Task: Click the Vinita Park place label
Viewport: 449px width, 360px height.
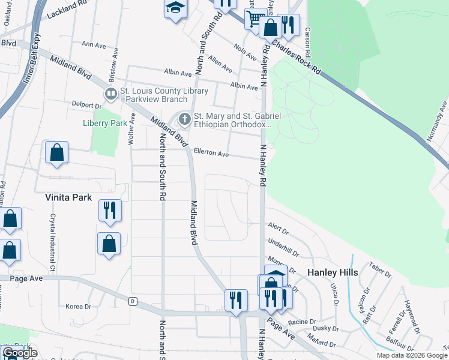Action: [x=67, y=197]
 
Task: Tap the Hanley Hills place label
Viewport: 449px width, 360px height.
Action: [x=333, y=272]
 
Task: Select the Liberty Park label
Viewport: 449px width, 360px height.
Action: [x=105, y=123]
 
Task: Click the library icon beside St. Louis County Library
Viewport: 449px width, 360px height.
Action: [x=110, y=93]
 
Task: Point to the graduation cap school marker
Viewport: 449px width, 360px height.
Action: [x=175, y=8]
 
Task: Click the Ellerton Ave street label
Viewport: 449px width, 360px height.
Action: [x=211, y=154]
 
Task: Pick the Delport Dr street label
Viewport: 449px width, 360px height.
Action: [x=87, y=105]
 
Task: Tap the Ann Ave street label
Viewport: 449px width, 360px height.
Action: [x=93, y=44]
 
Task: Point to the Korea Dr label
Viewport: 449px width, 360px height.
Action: [x=78, y=307]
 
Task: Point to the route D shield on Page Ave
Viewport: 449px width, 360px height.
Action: [x=133, y=301]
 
